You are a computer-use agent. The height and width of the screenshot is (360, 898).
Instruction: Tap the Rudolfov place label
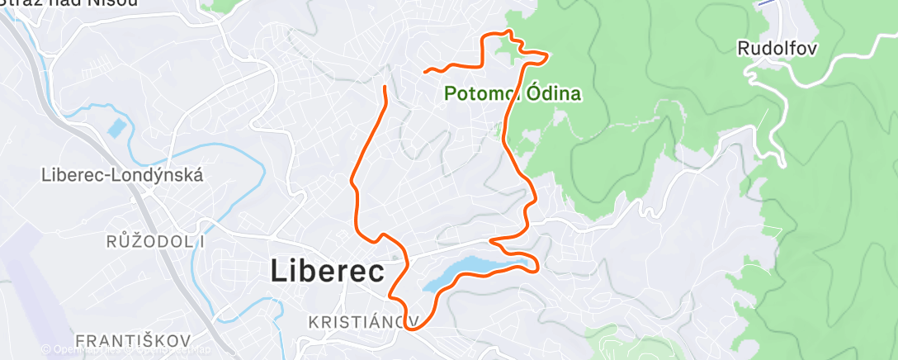pos(777,49)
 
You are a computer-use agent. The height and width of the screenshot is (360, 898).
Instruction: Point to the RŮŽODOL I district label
pos(155,242)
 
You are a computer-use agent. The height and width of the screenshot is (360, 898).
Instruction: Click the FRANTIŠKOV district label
pos(133,340)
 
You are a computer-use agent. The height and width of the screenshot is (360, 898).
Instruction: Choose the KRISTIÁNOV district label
pos(362,320)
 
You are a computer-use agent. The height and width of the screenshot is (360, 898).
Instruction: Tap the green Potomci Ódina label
pos(513,93)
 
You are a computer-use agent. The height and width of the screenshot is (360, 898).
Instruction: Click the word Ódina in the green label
pos(552,93)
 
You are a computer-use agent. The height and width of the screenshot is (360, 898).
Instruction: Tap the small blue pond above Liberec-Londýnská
pos(116,129)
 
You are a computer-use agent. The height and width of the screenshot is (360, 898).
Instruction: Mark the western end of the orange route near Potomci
pos(426,72)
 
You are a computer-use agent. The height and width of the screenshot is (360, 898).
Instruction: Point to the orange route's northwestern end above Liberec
pos(385,86)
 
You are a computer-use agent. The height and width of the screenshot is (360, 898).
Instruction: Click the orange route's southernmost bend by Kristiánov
pos(410,327)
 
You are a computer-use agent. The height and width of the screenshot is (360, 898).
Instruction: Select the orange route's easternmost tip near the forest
pos(547,54)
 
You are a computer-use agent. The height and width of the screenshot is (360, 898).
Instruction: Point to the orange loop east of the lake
pos(535,264)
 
